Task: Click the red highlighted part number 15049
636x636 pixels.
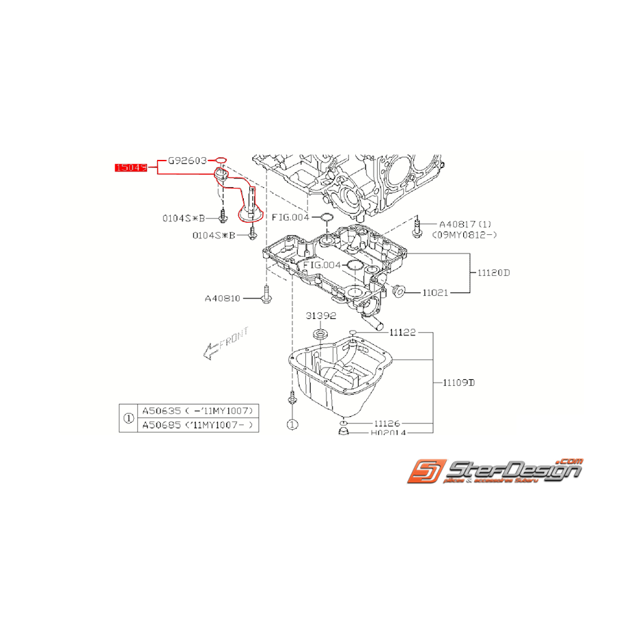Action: click(131, 167)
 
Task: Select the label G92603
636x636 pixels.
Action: click(188, 162)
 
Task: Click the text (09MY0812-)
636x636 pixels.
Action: click(465, 234)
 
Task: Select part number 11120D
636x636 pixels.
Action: click(494, 273)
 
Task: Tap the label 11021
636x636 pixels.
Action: click(434, 292)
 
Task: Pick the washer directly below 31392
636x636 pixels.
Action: click(319, 335)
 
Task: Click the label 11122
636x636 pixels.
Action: click(403, 333)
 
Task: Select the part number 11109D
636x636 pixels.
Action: click(458, 383)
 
